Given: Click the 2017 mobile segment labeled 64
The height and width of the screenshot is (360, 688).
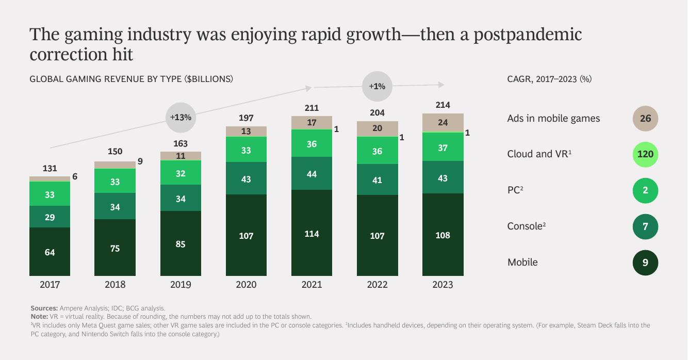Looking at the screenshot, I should click(50, 252).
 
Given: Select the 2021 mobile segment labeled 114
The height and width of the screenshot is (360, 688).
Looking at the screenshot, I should click(312, 234).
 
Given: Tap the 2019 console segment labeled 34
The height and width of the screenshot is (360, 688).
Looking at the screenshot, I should click(181, 198).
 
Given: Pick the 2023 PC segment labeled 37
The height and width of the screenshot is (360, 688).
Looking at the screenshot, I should click(443, 148).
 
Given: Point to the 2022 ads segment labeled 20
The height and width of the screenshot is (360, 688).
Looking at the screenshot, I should click(377, 128).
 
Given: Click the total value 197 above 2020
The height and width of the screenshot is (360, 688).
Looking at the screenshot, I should click(246, 118).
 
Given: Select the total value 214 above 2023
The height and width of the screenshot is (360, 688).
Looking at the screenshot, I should click(443, 105).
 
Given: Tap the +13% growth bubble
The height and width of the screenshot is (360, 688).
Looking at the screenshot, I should click(181, 117).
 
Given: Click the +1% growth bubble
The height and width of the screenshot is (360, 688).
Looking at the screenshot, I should click(377, 86).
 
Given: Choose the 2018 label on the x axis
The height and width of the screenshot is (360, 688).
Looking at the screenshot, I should click(115, 284).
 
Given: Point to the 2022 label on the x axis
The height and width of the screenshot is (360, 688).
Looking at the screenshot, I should click(377, 284).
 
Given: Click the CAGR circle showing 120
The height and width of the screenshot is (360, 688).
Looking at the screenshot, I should click(645, 154).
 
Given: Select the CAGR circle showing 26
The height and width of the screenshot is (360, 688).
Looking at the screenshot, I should click(645, 118).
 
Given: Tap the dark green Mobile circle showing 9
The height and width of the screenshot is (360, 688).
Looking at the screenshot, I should click(645, 263).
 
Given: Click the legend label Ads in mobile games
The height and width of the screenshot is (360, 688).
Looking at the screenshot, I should click(553, 118).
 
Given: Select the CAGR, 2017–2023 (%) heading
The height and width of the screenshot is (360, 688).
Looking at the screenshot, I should click(549, 79).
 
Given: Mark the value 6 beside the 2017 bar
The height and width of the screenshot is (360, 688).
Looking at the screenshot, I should click(75, 176).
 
